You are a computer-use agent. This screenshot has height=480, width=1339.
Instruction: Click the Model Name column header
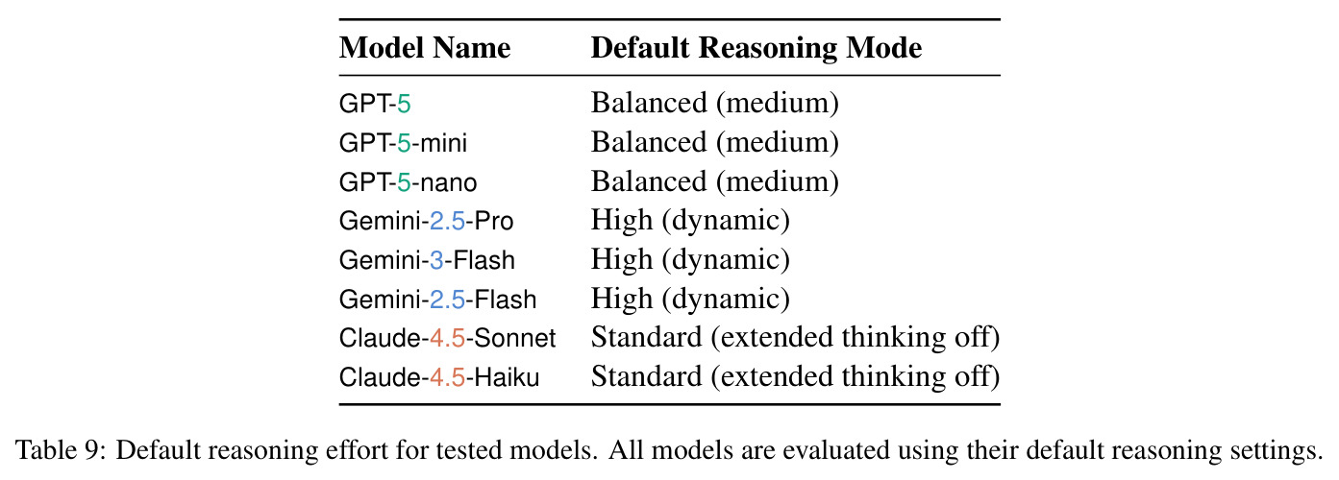(425, 48)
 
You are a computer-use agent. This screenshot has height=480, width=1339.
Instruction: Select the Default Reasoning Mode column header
(756, 48)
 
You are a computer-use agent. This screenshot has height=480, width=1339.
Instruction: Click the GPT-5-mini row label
(403, 143)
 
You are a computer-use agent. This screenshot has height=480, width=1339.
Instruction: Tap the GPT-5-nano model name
(408, 182)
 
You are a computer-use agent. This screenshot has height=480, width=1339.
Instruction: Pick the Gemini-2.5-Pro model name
(426, 221)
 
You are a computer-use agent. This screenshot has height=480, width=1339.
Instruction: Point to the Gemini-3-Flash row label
(427, 260)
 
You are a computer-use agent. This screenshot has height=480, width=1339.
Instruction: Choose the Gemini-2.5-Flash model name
(437, 300)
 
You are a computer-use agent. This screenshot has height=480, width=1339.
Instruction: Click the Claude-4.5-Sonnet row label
(447, 338)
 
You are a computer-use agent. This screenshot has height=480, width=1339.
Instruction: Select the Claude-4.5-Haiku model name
(439, 377)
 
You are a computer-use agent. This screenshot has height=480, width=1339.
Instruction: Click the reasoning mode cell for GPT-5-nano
(715, 181)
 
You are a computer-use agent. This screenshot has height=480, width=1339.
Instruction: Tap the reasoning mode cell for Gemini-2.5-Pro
(690, 221)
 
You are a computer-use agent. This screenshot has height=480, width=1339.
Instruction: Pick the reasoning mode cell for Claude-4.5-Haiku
(796, 376)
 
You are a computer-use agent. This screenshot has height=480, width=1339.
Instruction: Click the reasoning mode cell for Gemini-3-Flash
(690, 260)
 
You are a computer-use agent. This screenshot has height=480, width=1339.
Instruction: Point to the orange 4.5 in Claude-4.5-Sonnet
(447, 338)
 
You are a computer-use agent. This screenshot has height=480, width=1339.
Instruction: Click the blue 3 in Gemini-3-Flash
(436, 260)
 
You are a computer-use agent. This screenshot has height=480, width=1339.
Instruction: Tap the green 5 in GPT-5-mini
(404, 143)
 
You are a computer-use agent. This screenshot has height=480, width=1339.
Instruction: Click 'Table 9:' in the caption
(61, 449)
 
